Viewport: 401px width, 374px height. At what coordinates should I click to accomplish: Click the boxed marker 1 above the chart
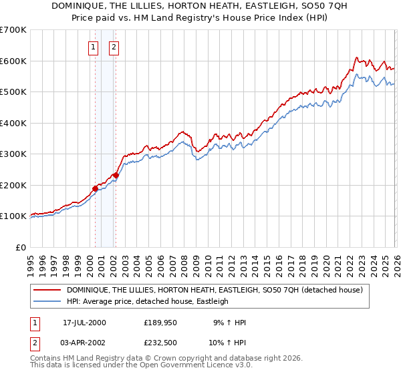click(92, 47)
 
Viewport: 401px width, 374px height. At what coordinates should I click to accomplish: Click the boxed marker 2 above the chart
click(114, 47)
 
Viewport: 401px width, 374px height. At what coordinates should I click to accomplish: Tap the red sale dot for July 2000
click(95, 188)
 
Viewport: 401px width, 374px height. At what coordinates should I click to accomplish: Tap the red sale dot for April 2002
click(116, 175)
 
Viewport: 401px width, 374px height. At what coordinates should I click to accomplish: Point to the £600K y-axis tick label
click(13, 61)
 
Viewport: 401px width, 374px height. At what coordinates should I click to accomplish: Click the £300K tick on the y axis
click(13, 154)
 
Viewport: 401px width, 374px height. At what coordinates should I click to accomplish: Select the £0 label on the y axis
click(20, 247)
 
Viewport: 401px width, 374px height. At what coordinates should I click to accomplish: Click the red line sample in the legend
click(47, 291)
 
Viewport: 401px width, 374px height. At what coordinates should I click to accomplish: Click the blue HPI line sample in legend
click(47, 302)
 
